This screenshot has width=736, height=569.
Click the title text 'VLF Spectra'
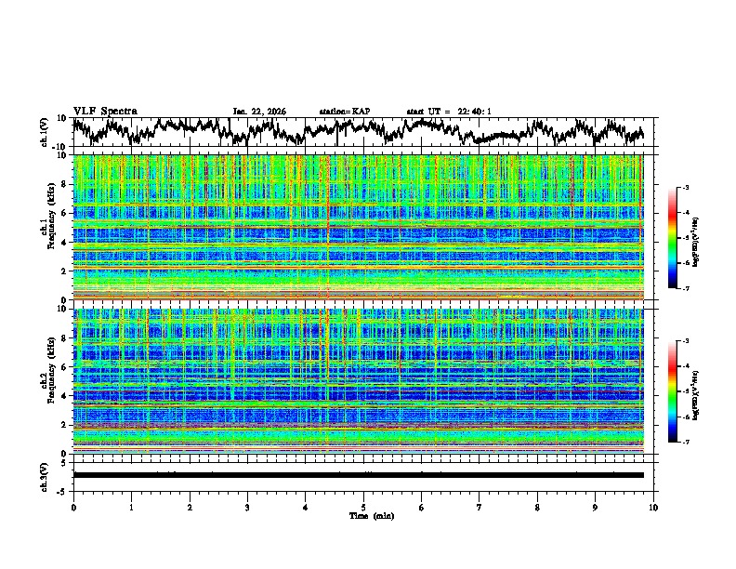point(105,112)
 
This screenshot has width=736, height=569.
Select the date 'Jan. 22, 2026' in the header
point(259,112)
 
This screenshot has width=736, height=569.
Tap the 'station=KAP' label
point(345,112)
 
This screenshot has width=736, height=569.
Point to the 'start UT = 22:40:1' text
point(449,112)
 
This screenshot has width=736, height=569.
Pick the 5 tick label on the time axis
point(363,507)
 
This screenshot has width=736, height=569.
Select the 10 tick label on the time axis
point(653,507)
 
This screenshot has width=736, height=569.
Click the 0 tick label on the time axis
point(73,507)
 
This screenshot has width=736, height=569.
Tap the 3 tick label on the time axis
point(247,507)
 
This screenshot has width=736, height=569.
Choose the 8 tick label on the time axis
point(537,507)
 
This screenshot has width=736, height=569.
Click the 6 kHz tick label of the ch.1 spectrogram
point(64,213)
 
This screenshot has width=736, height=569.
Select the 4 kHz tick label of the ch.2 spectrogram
point(64,396)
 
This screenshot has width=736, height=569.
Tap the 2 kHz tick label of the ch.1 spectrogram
point(64,271)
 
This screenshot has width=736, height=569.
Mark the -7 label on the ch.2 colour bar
point(686,443)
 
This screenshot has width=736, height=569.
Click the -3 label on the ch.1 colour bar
point(686,188)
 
